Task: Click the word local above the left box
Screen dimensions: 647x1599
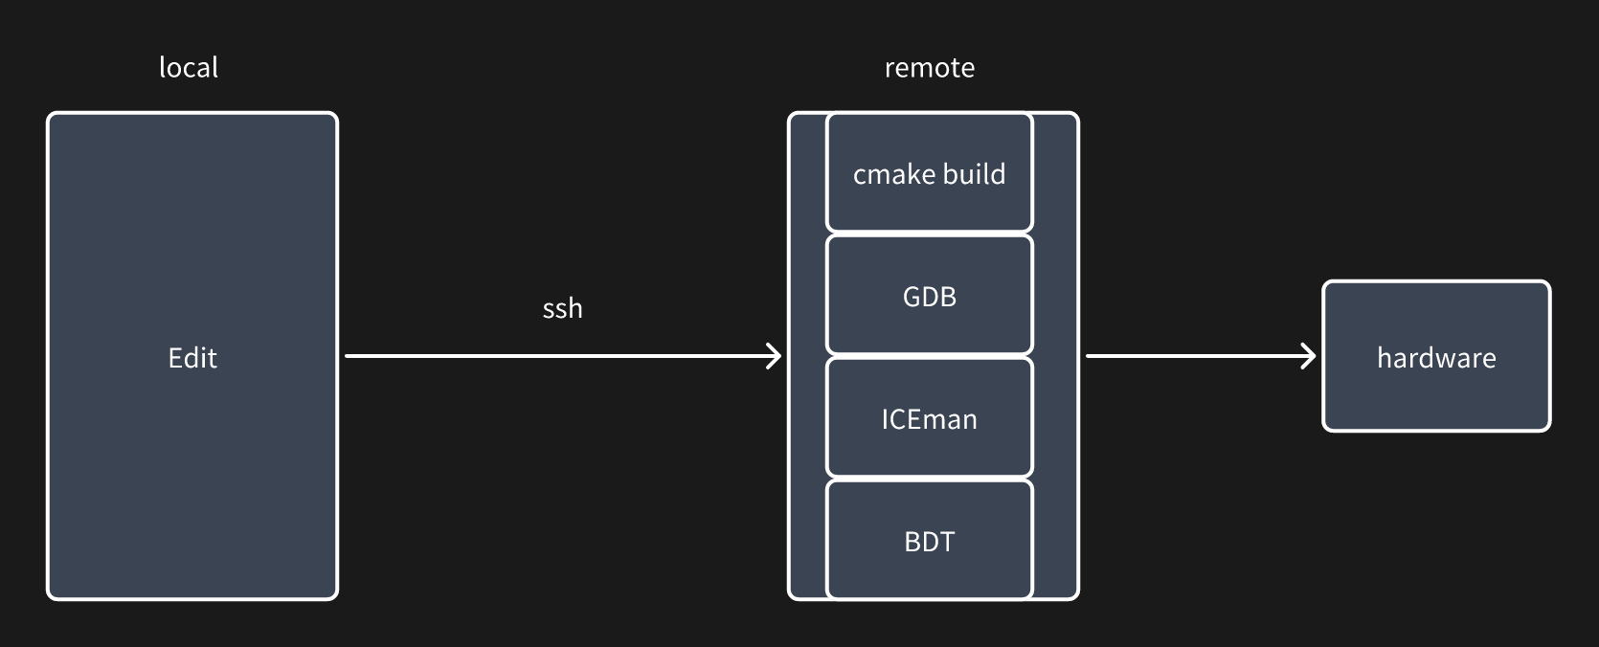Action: click(189, 68)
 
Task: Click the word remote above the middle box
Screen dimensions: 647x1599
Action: click(929, 68)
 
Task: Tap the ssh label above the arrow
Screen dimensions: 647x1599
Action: click(562, 308)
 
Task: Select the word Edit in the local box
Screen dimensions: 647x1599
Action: click(192, 358)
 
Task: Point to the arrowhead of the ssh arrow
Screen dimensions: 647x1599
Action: click(776, 356)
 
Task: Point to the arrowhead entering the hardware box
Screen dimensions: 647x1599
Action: click(1309, 356)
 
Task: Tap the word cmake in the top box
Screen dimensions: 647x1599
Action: click(890, 175)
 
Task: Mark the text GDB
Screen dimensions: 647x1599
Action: click(929, 297)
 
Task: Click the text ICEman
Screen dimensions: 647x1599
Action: click(929, 419)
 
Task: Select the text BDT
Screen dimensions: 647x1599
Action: click(929, 542)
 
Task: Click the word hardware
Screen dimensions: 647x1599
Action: click(1435, 358)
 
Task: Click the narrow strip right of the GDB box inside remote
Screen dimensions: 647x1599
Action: click(1055, 297)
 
